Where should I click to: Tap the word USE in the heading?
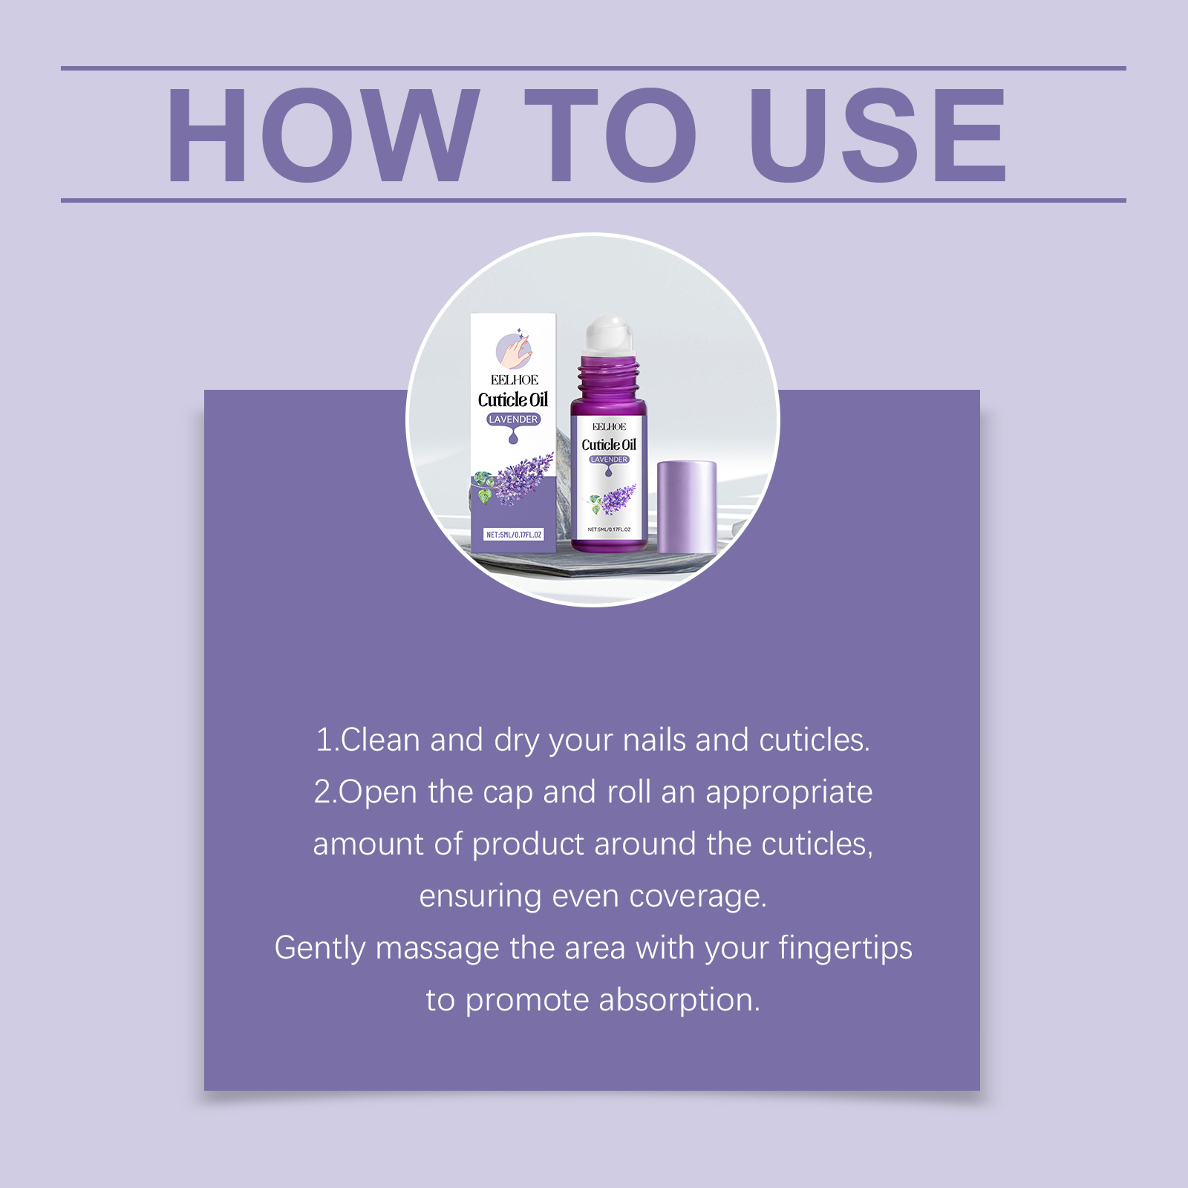(x=878, y=134)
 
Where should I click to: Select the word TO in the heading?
(x=610, y=134)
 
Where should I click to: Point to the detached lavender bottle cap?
(x=687, y=507)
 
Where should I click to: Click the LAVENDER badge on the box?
(x=513, y=420)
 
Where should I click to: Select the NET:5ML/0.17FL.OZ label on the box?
(x=514, y=535)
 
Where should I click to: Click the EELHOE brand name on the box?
(x=514, y=380)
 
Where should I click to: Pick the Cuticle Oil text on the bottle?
(x=609, y=445)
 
